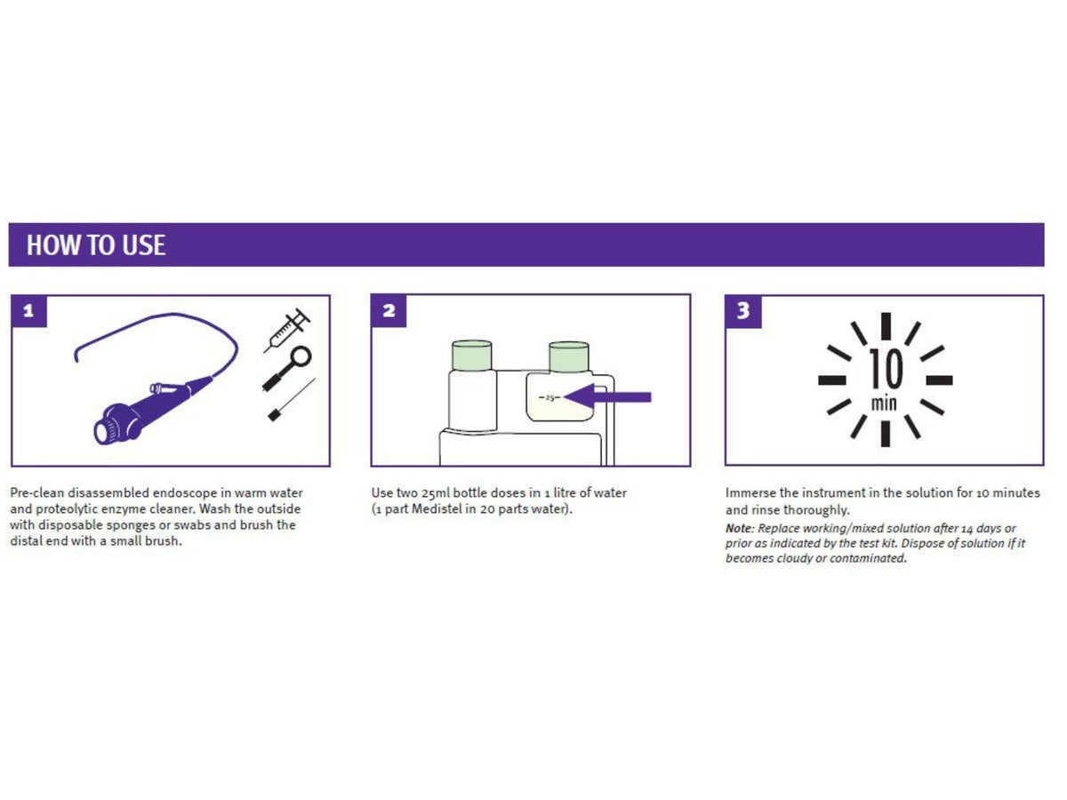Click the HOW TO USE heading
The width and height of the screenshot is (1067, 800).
pos(96,245)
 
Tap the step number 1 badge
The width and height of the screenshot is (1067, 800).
pos(29,311)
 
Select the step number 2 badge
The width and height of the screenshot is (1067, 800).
pos(389,311)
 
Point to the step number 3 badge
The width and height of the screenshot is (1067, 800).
pos(743,311)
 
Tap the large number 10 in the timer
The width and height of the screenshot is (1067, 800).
pos(885,368)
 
